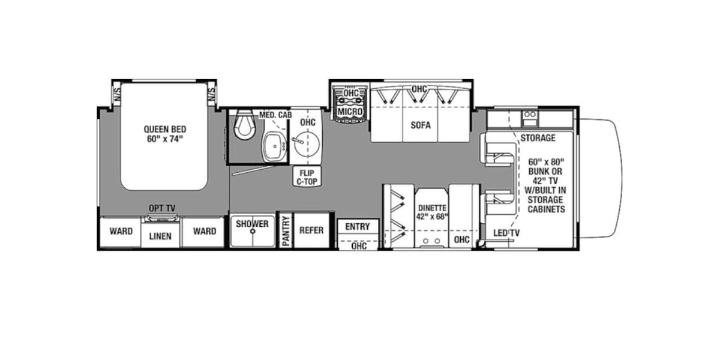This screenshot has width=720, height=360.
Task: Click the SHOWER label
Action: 252,224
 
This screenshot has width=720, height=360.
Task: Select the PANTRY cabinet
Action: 286,230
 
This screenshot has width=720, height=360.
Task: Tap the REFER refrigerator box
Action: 311,230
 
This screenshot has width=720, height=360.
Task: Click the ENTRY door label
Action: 358,226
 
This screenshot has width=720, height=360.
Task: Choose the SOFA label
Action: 421,125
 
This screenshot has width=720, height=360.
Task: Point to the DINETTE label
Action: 432,208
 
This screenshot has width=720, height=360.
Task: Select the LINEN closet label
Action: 160,236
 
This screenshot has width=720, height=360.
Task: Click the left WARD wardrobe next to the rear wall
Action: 121,231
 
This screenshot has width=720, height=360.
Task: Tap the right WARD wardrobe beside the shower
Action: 204,231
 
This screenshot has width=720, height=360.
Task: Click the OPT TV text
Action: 162,208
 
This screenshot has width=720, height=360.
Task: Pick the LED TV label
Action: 506,233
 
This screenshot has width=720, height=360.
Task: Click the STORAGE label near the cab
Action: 538,138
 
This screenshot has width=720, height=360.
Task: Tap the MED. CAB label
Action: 275,115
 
